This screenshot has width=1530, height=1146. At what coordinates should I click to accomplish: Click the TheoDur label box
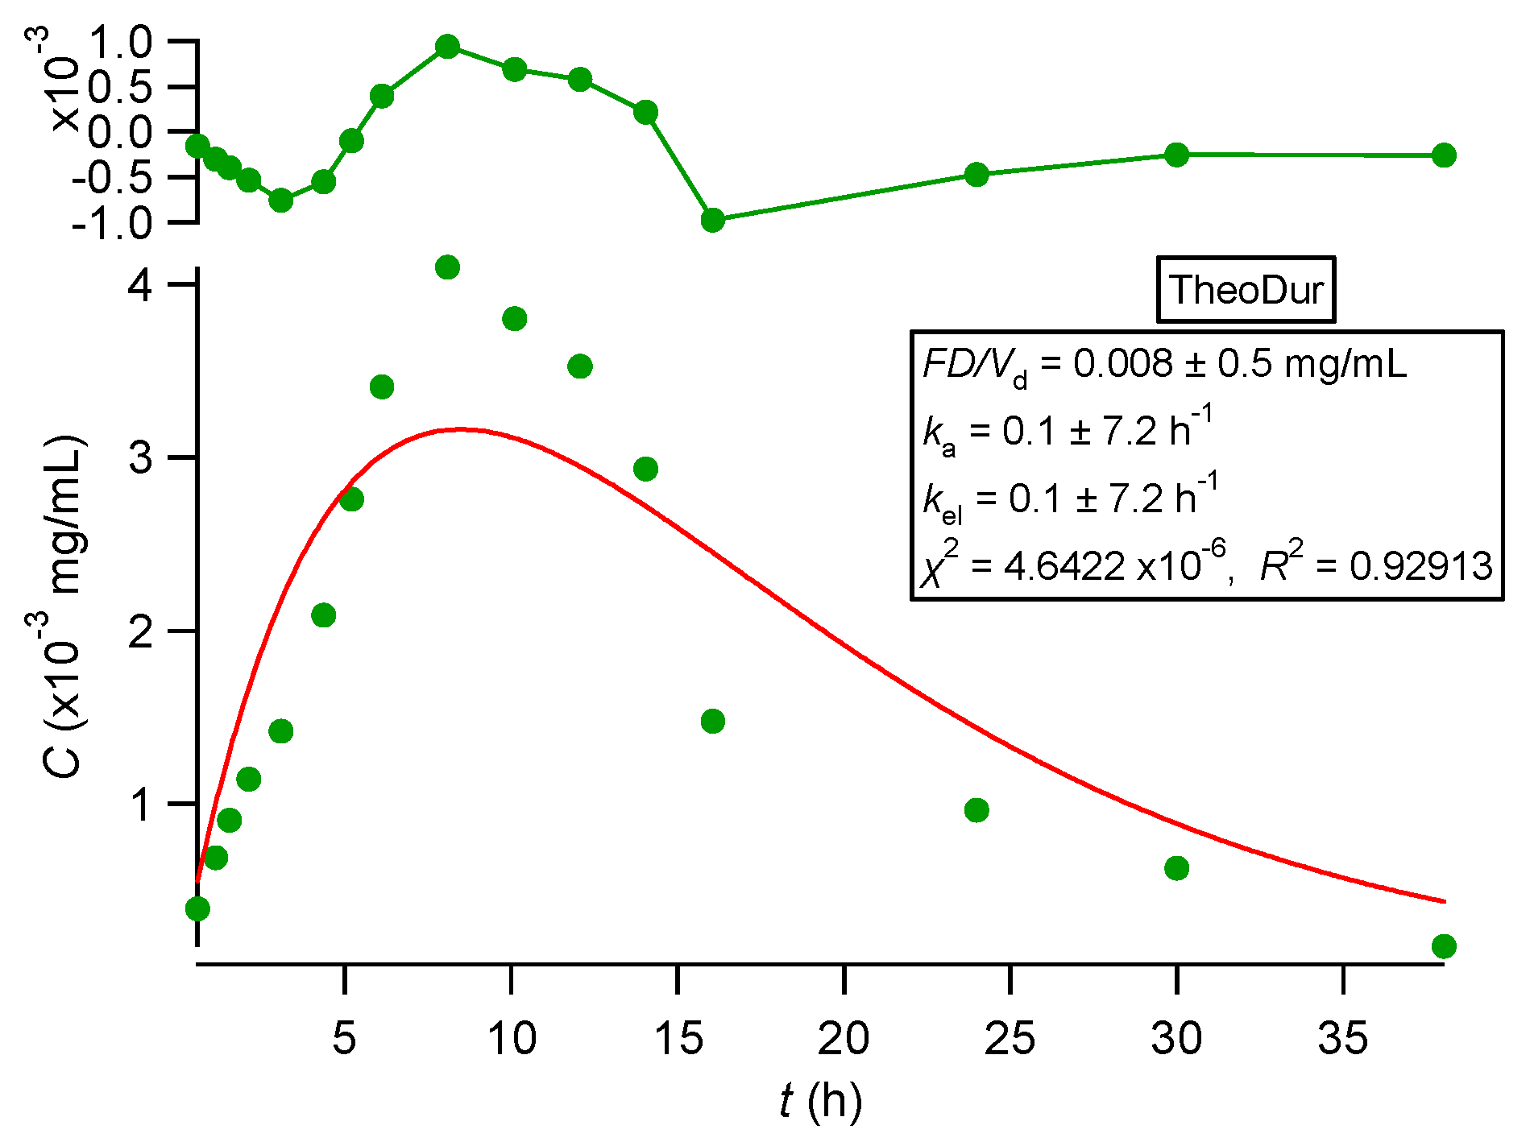click(x=1246, y=290)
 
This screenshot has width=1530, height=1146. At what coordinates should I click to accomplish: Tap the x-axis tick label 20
click(x=843, y=1038)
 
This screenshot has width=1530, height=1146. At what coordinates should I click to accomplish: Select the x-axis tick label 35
click(x=1342, y=1038)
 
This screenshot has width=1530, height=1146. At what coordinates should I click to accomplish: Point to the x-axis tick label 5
click(x=344, y=1038)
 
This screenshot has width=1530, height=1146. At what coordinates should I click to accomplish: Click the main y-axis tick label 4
click(x=141, y=285)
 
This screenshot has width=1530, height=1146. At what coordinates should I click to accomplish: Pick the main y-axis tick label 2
click(x=141, y=631)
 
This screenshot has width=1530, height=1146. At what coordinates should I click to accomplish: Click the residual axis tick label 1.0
click(x=119, y=42)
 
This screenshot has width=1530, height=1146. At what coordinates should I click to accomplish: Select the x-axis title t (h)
click(x=820, y=1101)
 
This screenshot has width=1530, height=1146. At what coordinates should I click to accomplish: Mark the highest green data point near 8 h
click(x=448, y=267)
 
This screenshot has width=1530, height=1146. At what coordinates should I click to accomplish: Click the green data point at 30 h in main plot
click(x=1176, y=868)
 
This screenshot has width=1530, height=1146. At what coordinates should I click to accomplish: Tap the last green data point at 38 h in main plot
click(x=1444, y=946)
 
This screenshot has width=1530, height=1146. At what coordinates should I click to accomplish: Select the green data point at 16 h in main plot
click(x=712, y=721)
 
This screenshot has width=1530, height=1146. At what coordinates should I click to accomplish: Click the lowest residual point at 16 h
click(x=712, y=220)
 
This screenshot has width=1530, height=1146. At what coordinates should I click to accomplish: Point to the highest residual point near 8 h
click(x=448, y=47)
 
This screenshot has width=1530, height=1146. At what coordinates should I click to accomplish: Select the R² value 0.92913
click(x=1421, y=566)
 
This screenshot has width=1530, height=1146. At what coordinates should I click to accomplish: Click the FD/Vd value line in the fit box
click(x=1165, y=365)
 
